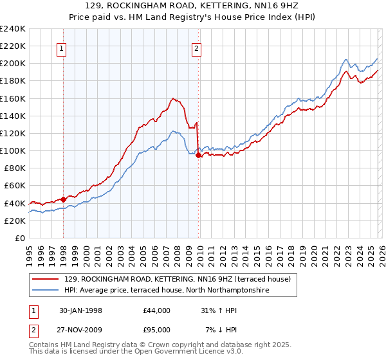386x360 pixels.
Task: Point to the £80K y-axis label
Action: coord(15,168)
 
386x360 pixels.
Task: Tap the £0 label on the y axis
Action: coord(20,238)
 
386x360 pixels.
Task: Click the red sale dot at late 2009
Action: coord(198,155)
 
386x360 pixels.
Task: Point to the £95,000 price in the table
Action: coord(156,329)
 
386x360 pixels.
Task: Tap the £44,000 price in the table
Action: coord(156,310)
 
